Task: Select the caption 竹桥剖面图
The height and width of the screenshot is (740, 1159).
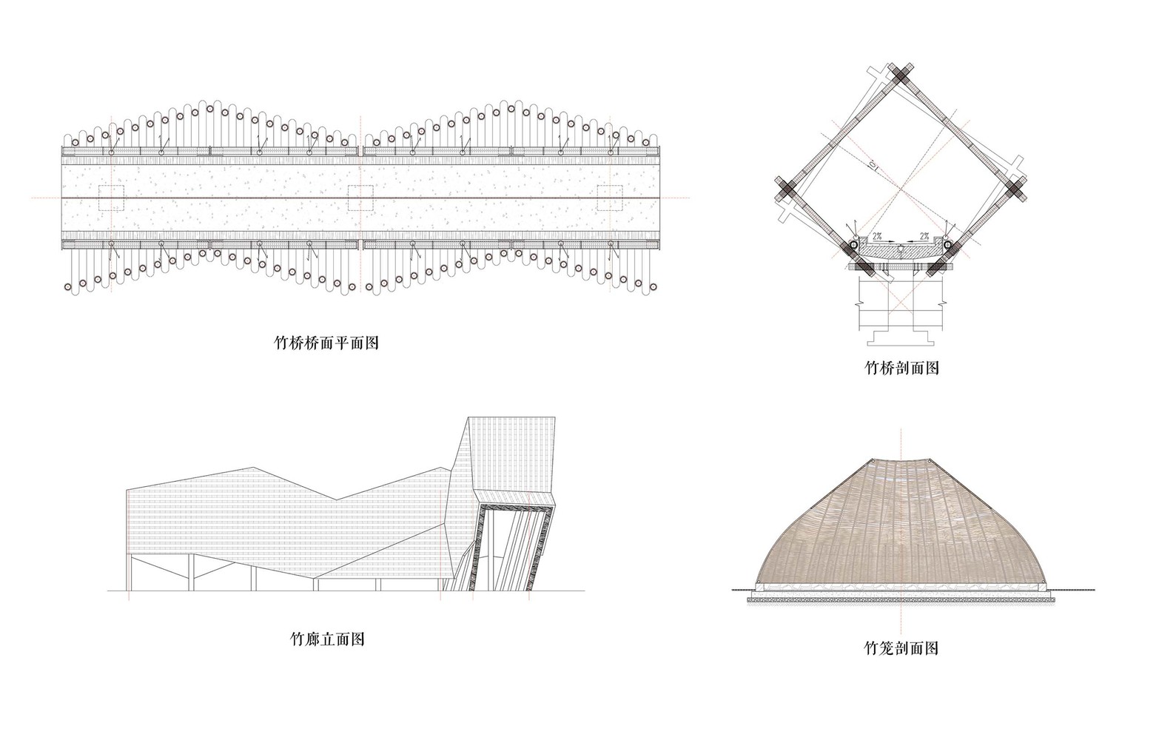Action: (x=901, y=367)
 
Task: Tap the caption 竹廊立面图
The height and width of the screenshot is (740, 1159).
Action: (x=326, y=639)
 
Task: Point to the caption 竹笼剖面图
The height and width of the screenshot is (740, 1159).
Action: (x=901, y=648)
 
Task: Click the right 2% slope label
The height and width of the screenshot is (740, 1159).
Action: (x=925, y=236)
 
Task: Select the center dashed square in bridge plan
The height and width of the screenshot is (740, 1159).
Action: (x=360, y=198)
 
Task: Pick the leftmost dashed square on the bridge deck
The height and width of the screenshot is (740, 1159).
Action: (x=111, y=198)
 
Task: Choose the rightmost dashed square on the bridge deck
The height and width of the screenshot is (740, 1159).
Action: (x=610, y=198)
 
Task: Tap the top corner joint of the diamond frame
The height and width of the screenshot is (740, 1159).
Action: (x=901, y=76)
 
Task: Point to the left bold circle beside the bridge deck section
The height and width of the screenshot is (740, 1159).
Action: (x=853, y=244)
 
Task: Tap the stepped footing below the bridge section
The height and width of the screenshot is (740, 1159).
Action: (x=901, y=337)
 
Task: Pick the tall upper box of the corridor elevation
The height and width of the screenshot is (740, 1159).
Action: (x=511, y=459)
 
